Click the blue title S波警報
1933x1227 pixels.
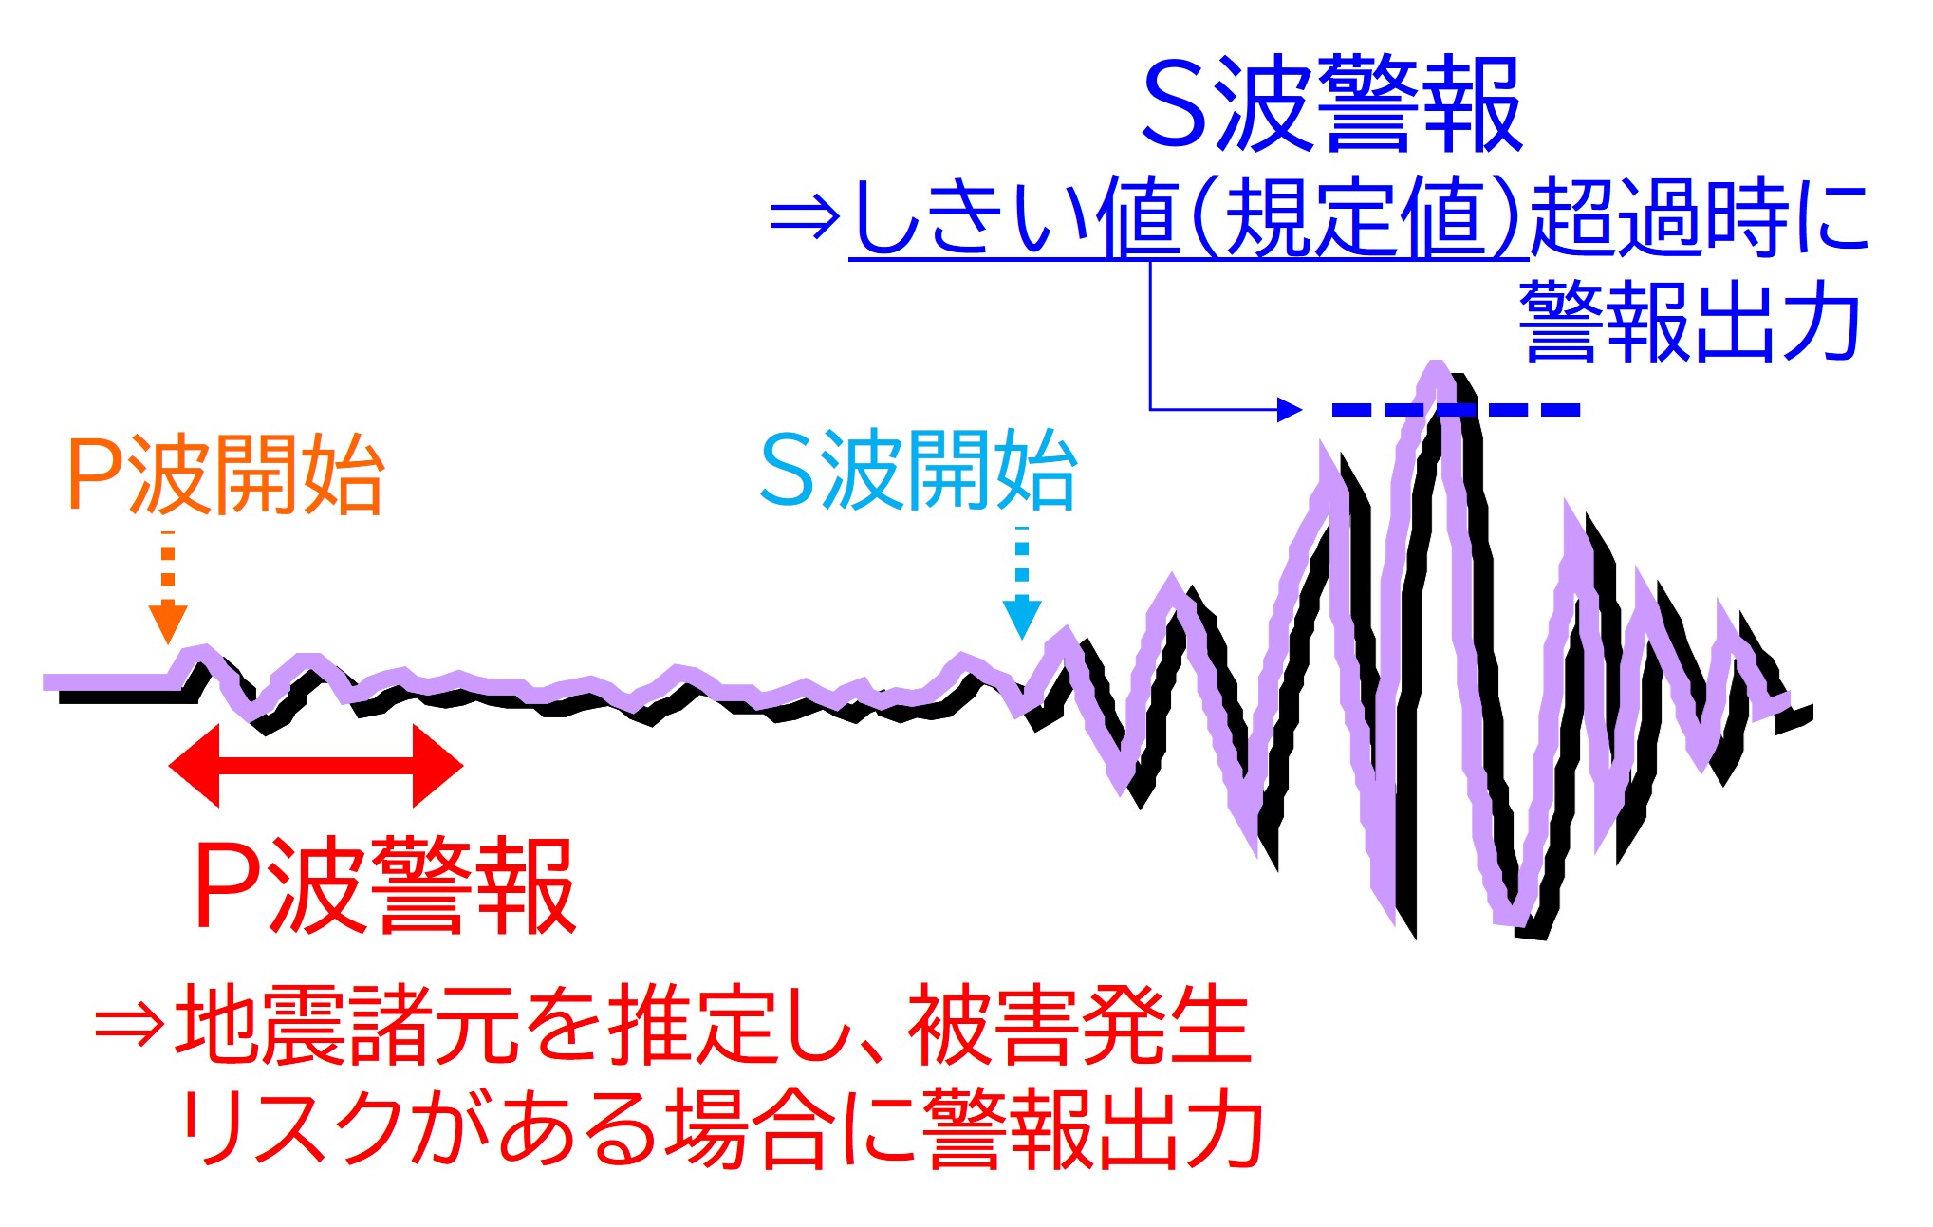(1332, 103)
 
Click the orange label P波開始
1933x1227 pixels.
(226, 474)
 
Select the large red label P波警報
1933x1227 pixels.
(384, 885)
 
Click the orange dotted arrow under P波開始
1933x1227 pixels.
(168, 586)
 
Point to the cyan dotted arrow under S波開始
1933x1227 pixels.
(1022, 582)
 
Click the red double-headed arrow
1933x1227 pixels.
(315, 766)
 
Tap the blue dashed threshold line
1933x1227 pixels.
(1456, 410)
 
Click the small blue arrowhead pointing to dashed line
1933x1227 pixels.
(1291, 409)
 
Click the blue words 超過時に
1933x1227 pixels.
(1700, 217)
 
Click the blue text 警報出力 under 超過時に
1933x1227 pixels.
(1690, 321)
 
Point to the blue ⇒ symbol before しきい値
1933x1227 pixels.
(806, 217)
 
